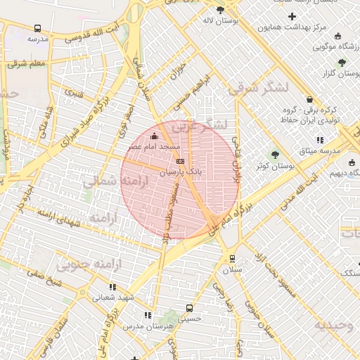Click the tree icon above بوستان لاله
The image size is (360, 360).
click(x=221, y=10)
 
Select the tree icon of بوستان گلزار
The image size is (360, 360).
click(x=342, y=62)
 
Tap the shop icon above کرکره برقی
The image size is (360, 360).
click(x=310, y=100)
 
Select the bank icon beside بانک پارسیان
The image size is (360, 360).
click(x=180, y=160)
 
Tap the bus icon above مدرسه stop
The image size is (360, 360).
click(x=37, y=29)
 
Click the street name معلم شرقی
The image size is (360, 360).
click(x=28, y=64)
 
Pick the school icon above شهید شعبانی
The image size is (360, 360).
click(x=112, y=287)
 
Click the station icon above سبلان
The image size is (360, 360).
click(x=231, y=258)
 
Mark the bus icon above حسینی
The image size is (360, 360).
click(x=188, y=308)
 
